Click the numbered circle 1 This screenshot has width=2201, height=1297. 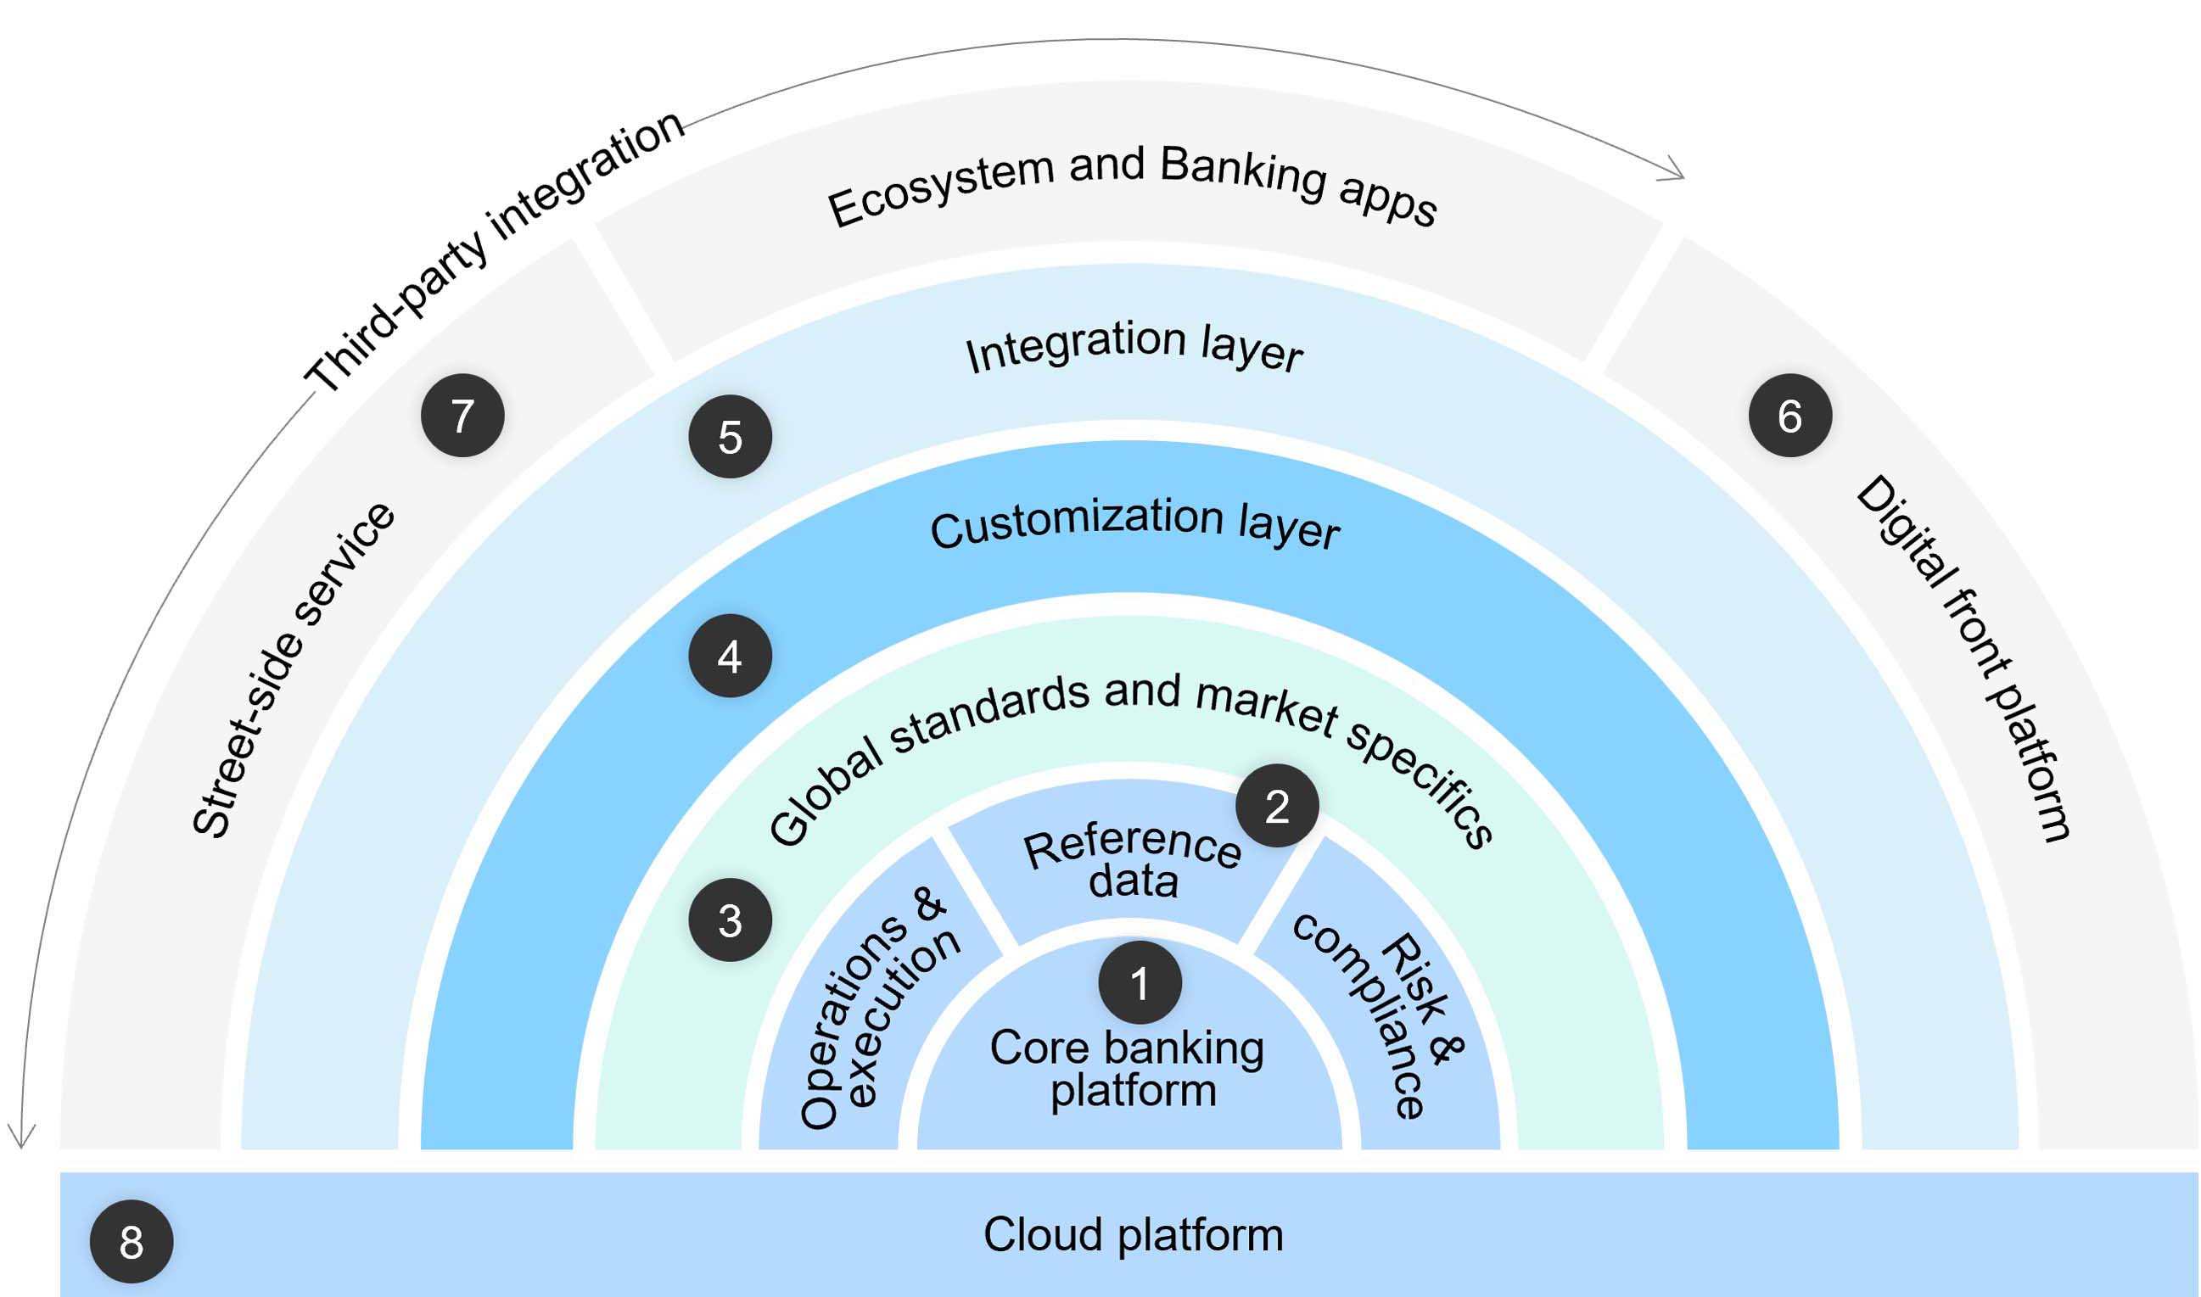coord(1140,982)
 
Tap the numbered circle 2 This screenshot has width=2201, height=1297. coord(1277,806)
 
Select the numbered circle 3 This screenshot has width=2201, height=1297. coord(730,920)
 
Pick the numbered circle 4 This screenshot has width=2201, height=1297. coord(730,657)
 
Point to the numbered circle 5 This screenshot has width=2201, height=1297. coord(730,437)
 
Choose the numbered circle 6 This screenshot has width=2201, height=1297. coord(1790,415)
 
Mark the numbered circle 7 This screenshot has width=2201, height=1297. coord(462,415)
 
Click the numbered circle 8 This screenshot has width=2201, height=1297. coord(132,1242)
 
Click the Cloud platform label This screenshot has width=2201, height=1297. coord(1133,1234)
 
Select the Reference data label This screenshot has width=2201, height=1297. coord(1133,863)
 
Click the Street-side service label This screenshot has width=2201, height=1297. coord(294,671)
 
